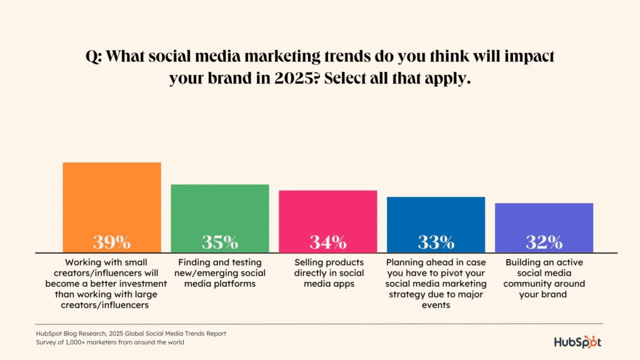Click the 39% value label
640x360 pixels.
pos(112,242)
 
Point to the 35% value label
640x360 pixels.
pos(220,242)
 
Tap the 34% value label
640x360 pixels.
pos(328,242)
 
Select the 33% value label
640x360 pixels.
pos(436,242)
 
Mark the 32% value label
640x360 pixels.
pos(544,242)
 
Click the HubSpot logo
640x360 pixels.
pos(578,342)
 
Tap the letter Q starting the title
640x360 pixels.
pos(91,57)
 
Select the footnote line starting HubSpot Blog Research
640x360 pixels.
pos(131,334)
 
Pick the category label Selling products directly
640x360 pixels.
pos(328,272)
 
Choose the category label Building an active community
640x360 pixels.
pos(544,278)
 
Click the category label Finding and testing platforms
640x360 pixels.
pos(220,272)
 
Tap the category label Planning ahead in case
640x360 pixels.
pos(436,283)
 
